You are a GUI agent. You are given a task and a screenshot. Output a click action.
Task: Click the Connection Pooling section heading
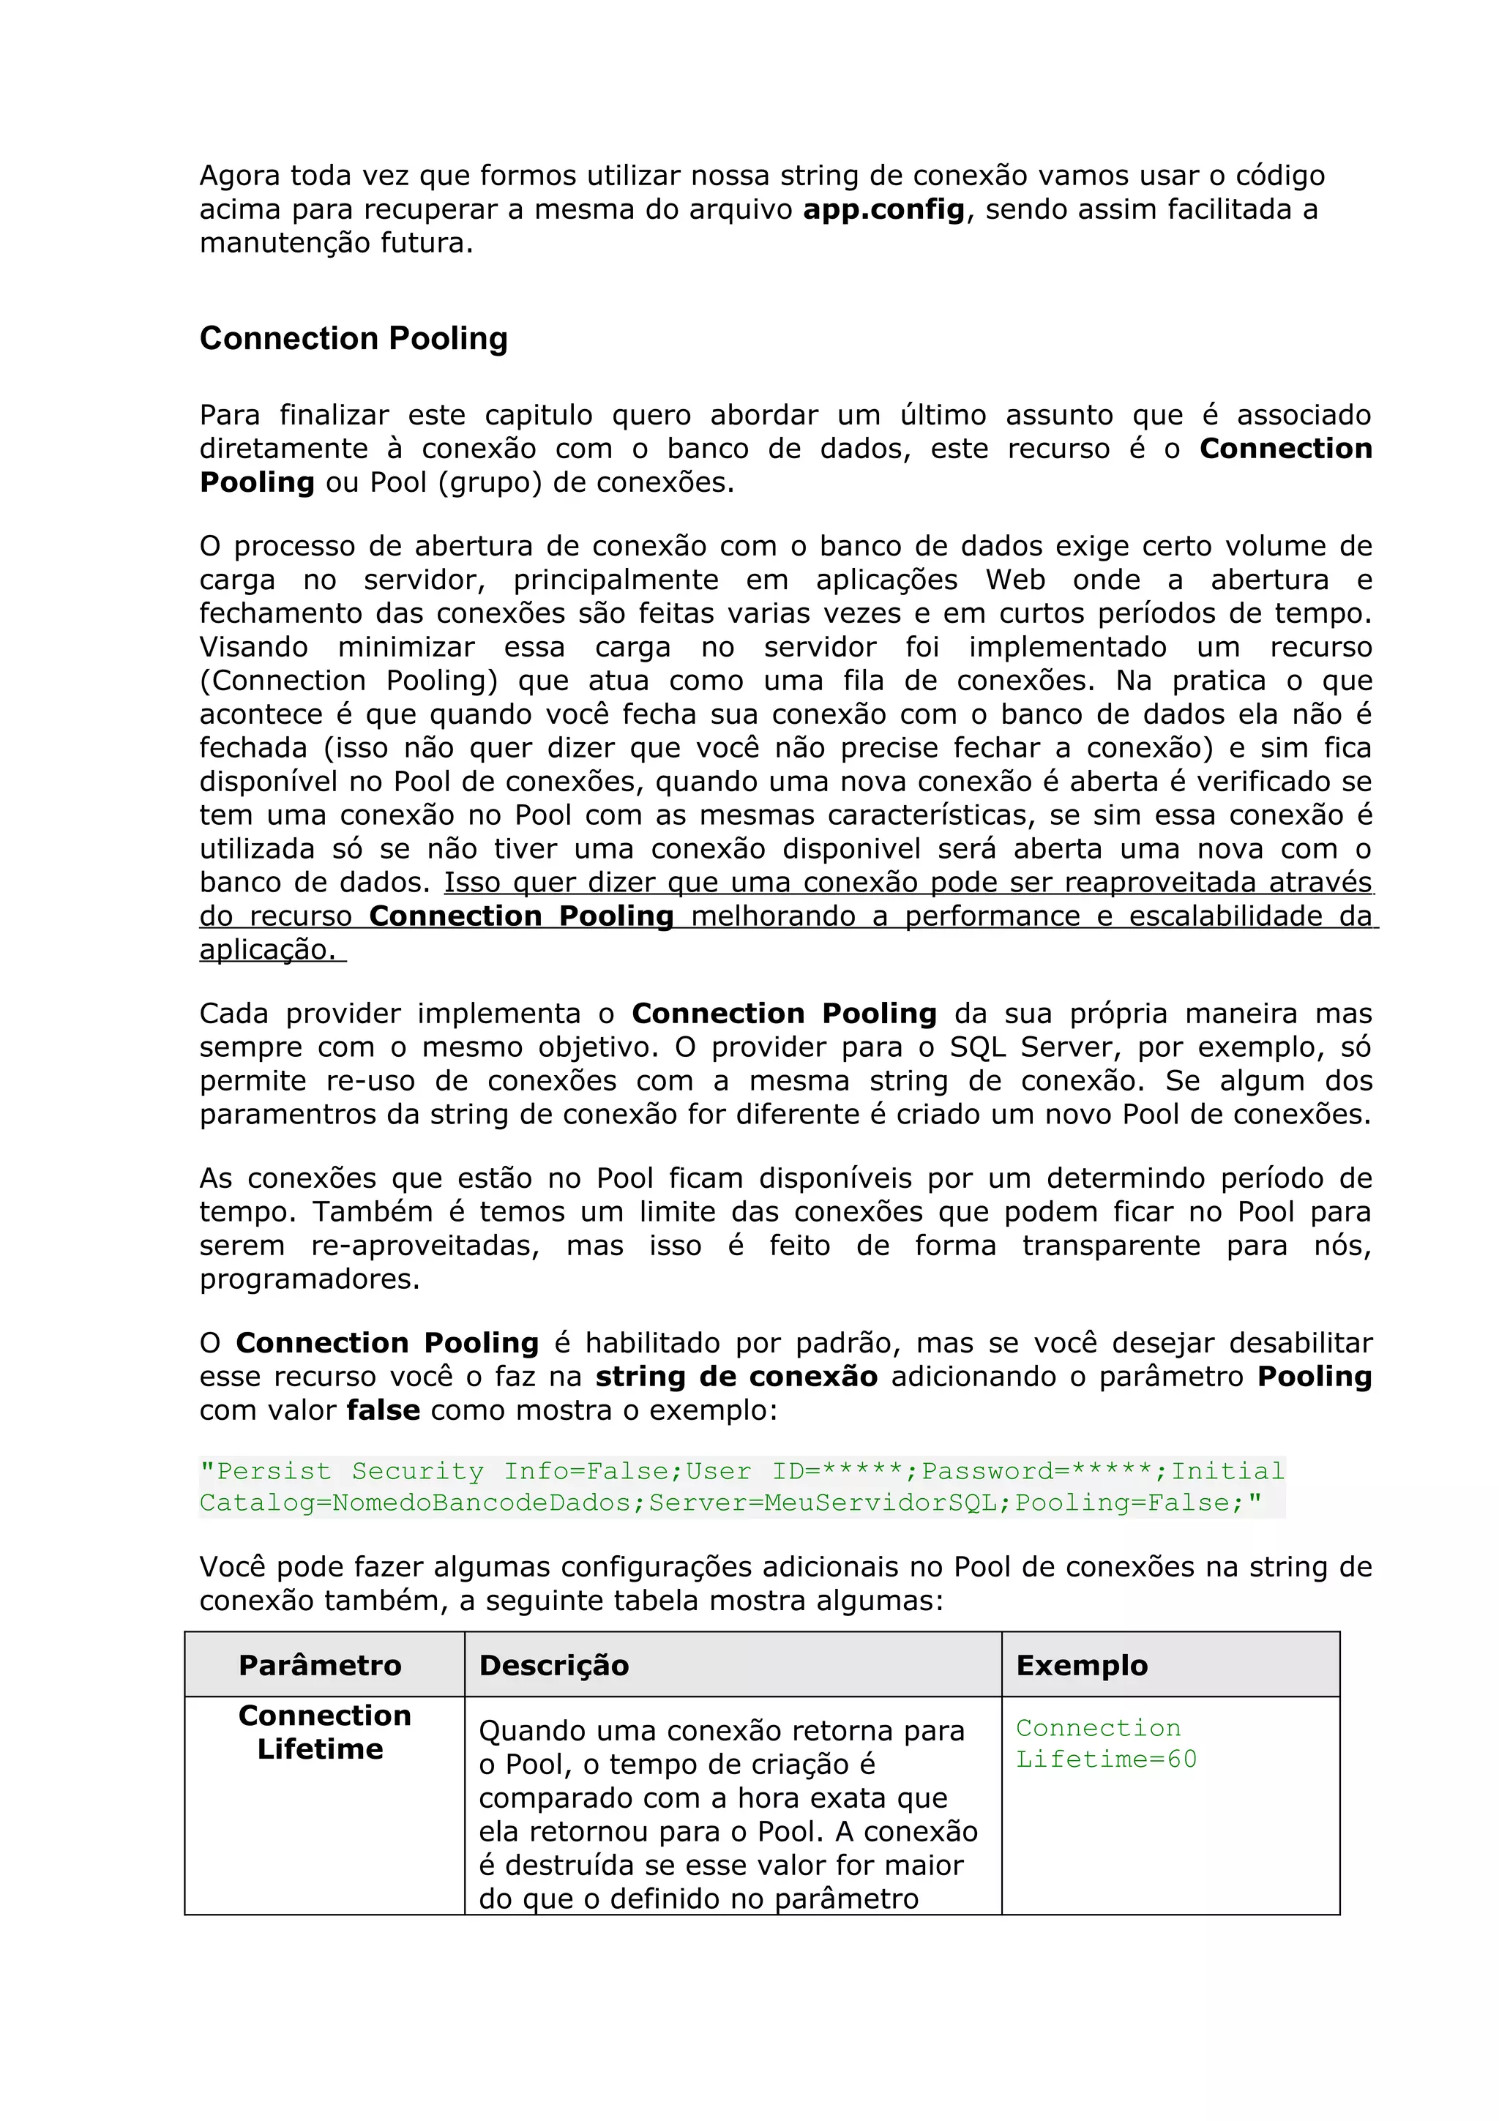354,339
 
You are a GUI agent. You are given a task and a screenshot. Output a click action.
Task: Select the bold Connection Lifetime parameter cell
324,1732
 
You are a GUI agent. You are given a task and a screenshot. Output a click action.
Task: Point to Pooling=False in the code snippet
1128,1503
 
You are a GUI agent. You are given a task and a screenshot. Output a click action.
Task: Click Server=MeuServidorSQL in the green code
823,1503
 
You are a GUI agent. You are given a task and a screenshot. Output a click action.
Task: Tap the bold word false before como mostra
384,1410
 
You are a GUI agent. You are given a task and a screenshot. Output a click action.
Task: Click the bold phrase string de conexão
736,1377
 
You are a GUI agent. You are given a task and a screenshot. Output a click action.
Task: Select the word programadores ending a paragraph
310,1279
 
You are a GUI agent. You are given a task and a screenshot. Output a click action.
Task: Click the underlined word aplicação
268,950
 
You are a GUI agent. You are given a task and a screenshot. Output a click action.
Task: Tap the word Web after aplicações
1015,580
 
